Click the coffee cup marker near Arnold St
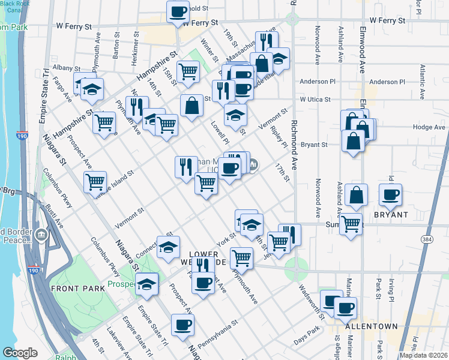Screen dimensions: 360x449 pos(178,12)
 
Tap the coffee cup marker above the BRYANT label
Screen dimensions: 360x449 pos(391,194)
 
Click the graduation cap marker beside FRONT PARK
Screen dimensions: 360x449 pos(146,284)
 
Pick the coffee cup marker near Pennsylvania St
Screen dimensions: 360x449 pos(182,325)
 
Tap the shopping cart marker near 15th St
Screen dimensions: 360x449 pos(188,71)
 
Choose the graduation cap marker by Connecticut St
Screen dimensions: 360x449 pos(168,246)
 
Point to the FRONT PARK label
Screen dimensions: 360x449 pos(78,289)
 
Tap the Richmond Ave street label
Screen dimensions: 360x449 pos(294,127)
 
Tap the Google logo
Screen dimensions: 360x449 pos(20,353)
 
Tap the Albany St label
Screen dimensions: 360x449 pos(65,68)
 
